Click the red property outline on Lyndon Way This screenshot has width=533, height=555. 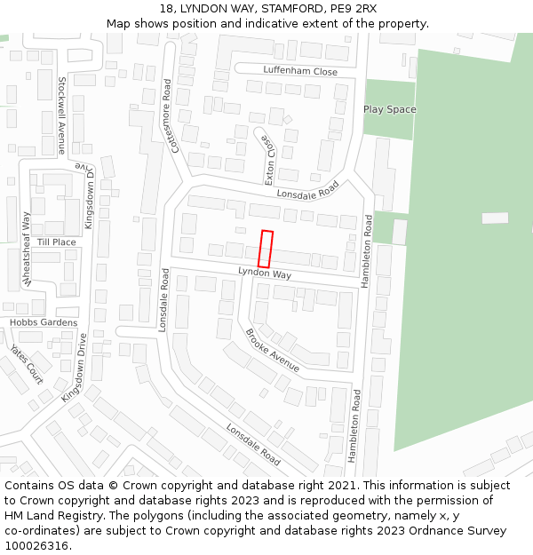click(265, 249)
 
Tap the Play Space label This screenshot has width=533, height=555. click(389, 109)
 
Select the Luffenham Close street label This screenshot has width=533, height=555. click(300, 71)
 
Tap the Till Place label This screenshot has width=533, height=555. click(57, 242)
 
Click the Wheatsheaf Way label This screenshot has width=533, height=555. click(27, 250)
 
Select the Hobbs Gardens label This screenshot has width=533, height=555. click(44, 322)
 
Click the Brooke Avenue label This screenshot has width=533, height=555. click(272, 349)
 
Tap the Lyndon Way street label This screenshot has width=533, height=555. click(265, 274)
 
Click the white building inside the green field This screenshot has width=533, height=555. click(495, 218)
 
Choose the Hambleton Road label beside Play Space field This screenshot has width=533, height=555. click(367, 250)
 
